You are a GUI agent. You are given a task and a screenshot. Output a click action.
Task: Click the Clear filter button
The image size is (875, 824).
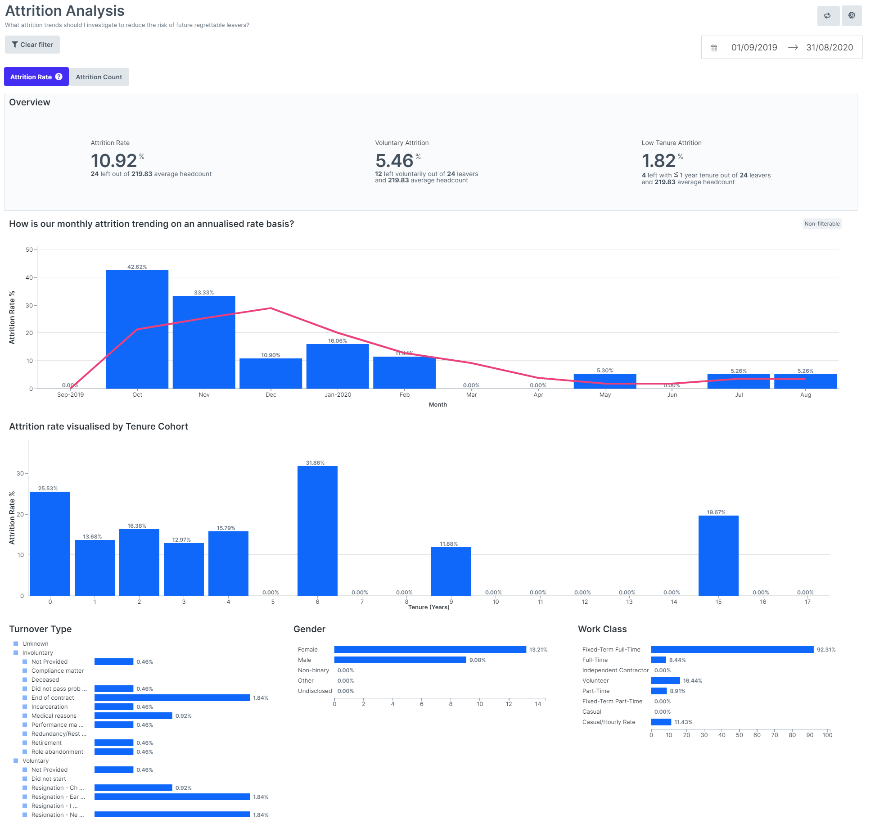(32, 45)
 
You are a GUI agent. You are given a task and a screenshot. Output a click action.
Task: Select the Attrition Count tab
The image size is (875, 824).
(99, 77)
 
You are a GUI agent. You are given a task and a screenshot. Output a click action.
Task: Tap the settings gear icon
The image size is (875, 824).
(852, 16)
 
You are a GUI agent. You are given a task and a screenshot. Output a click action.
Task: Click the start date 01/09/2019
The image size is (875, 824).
(754, 48)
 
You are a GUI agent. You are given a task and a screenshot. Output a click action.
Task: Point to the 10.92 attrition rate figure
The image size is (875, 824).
(114, 161)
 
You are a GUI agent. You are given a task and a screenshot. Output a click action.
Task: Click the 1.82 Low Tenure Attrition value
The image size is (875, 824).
(659, 161)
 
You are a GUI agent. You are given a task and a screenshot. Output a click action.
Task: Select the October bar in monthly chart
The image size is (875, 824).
(137, 329)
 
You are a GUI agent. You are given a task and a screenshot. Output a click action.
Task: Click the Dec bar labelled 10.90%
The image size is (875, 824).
(271, 373)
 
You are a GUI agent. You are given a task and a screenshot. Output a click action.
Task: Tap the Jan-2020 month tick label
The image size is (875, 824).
(338, 395)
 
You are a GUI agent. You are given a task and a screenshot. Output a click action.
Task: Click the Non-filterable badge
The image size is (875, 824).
(821, 224)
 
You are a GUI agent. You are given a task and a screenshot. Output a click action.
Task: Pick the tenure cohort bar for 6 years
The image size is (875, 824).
(317, 531)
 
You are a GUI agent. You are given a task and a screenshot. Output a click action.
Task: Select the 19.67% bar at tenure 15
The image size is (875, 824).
(718, 556)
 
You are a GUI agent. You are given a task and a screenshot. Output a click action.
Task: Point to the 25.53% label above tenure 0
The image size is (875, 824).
(48, 489)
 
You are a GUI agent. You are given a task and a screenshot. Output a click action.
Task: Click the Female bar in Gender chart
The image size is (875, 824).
(430, 649)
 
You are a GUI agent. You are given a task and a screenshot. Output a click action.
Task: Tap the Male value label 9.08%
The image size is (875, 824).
(477, 660)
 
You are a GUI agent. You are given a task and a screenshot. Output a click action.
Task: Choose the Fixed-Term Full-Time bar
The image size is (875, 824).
(732, 649)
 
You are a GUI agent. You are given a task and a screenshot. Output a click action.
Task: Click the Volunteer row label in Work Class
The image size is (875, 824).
(595, 681)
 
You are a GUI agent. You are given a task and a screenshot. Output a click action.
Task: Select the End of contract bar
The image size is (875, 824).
(172, 697)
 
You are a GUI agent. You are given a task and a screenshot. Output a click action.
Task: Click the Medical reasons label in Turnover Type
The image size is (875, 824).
(54, 715)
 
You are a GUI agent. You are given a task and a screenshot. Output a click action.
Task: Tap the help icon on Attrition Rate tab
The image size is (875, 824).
(59, 77)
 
